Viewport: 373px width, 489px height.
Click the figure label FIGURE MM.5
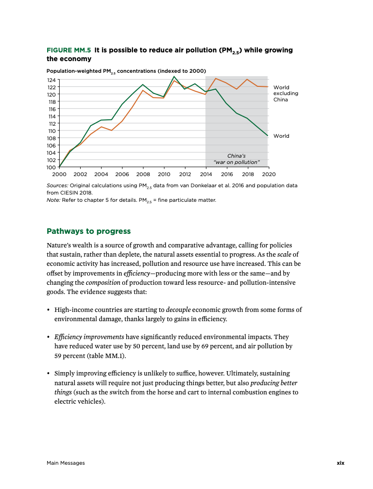68,50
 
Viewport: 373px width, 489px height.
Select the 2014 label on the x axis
205,174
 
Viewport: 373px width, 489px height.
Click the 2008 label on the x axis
143,174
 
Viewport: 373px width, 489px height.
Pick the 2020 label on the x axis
269,174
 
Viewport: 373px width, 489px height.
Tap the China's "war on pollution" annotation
237,159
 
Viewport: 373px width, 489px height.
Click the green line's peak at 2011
174,77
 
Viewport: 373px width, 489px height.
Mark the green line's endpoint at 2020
268,136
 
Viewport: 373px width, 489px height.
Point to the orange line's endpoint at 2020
268,86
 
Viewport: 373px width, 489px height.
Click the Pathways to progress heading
89,231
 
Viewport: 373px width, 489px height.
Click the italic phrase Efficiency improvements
89,336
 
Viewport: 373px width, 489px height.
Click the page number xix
340,463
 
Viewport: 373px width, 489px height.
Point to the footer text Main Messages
66,463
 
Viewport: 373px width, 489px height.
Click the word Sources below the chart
57,185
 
